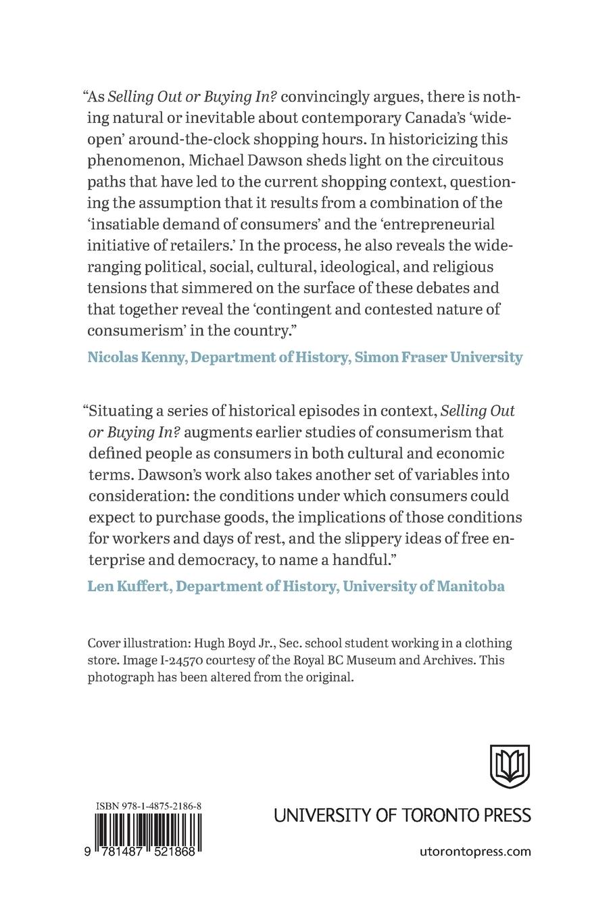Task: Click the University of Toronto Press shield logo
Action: click(510, 766)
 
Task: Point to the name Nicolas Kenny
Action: click(136, 357)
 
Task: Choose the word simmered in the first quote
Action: click(226, 288)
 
